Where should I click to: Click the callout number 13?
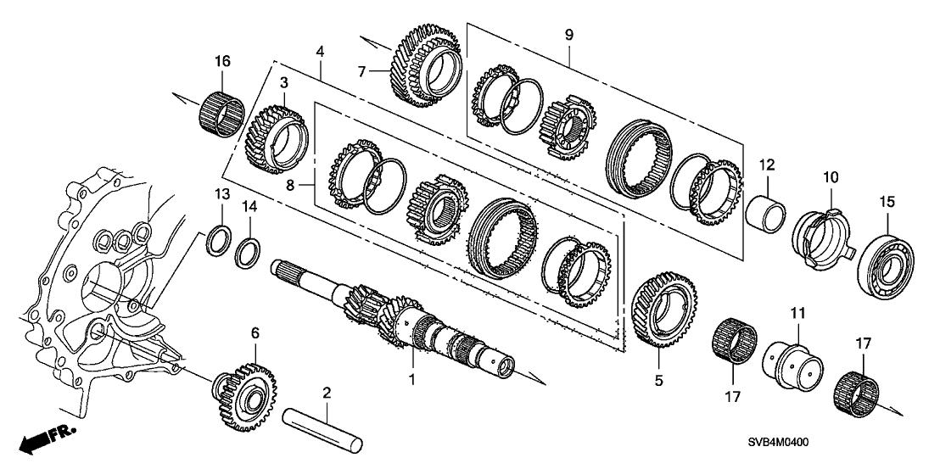pos(221,195)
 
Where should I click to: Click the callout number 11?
pos(798,315)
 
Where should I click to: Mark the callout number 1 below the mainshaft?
pos(412,380)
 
